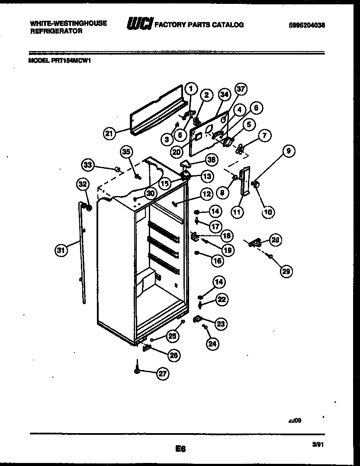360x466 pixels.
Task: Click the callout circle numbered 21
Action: (x=110, y=134)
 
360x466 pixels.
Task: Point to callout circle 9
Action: (x=289, y=151)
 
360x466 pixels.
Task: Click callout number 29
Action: (x=286, y=271)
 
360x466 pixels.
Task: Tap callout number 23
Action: (x=221, y=323)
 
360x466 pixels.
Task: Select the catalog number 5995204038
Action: (x=306, y=25)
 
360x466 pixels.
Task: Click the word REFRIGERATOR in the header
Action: (x=56, y=32)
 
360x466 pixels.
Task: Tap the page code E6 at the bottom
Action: (x=180, y=450)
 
